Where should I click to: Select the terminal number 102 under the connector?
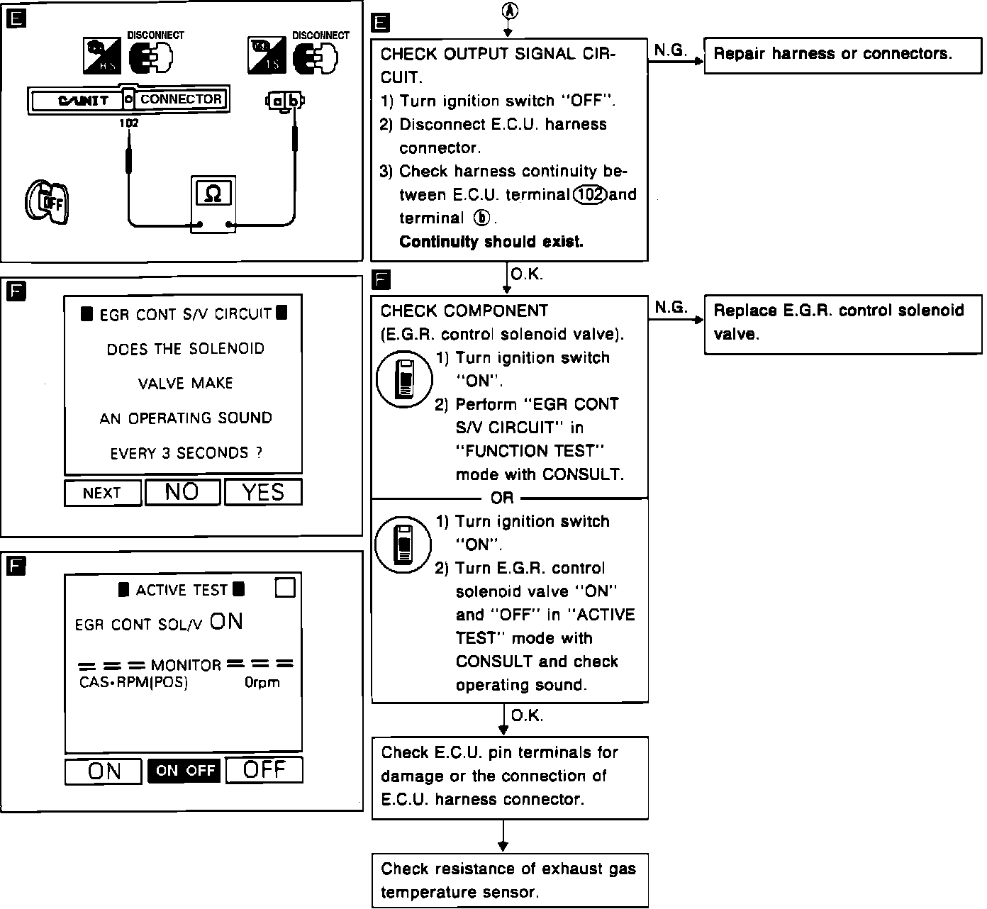[129, 122]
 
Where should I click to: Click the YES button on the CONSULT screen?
[263, 492]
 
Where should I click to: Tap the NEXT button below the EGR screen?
[102, 493]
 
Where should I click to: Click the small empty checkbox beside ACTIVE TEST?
[284, 588]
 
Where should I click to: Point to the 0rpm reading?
[262, 683]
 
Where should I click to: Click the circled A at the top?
[509, 10]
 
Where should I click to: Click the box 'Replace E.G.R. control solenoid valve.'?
[842, 323]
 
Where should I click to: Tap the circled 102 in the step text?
[590, 194]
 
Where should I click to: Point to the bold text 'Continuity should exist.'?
[491, 242]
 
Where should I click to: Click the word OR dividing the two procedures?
[502, 498]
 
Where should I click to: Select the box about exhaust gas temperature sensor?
[509, 880]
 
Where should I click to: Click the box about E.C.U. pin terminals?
[509, 776]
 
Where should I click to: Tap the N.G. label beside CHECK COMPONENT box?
[671, 307]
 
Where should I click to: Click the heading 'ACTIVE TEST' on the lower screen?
[182, 590]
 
